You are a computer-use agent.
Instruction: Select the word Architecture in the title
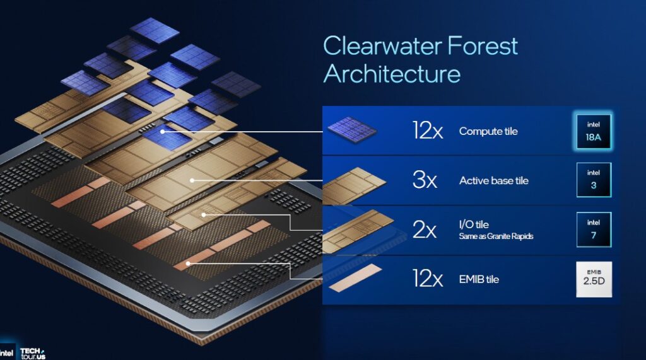[392, 74]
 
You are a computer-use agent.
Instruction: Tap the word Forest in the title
[483, 46]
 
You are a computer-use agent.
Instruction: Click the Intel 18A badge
[593, 131]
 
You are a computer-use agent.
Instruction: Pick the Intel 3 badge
[593, 180]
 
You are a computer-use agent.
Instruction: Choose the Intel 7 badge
[593, 229]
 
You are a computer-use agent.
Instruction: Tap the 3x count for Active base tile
[424, 181]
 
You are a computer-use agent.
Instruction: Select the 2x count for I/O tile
[424, 230]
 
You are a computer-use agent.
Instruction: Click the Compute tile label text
[489, 132]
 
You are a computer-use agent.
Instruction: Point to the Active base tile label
[494, 181]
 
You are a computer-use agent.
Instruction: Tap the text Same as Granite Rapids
[496, 236]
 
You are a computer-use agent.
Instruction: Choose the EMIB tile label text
[479, 279]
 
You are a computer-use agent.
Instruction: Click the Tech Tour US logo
[33, 353]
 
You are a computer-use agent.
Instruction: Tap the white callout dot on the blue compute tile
[163, 132]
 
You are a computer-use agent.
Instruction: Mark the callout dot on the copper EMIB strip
[187, 263]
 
